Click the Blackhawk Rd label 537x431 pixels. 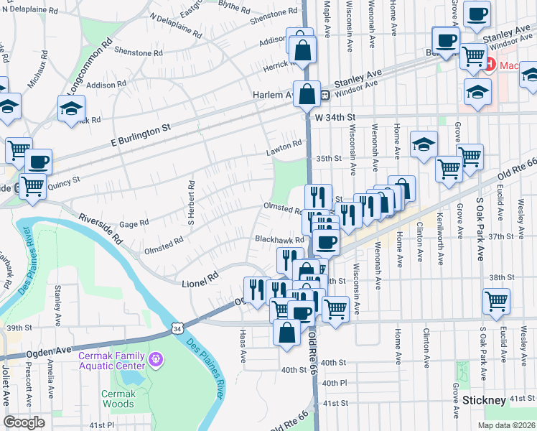coord(280,240)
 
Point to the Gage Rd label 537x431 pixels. coord(134,224)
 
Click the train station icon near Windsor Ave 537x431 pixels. coord(325,94)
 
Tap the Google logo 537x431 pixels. coord(24,422)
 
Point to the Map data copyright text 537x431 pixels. coord(507,425)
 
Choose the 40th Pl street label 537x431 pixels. coord(335,384)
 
